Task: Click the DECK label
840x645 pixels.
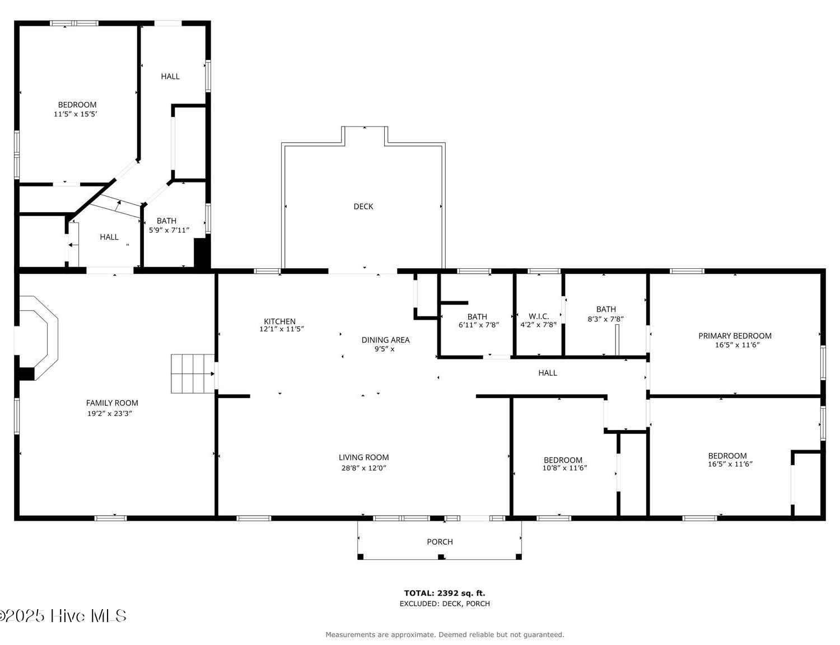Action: (x=363, y=207)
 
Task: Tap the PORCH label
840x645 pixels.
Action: (x=440, y=542)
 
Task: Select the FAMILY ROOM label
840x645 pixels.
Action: (x=112, y=403)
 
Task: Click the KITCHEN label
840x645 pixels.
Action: (x=279, y=321)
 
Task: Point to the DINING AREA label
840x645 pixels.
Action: (x=385, y=340)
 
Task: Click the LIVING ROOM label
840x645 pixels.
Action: (x=364, y=457)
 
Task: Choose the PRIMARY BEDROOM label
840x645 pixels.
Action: (x=735, y=336)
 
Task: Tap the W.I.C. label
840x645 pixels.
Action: (x=539, y=316)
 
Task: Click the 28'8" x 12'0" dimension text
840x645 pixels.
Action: (x=364, y=468)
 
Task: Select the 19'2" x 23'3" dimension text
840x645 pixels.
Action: (x=110, y=414)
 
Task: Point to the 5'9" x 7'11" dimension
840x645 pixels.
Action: (x=169, y=230)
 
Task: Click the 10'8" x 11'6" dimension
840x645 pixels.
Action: (x=565, y=468)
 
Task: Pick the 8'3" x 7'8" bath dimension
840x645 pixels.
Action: (x=606, y=319)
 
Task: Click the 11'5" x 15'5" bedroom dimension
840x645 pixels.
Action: (x=75, y=114)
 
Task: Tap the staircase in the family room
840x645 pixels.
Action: (x=193, y=373)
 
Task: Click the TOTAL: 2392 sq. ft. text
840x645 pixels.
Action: (x=445, y=593)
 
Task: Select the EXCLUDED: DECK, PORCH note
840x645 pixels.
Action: (x=445, y=604)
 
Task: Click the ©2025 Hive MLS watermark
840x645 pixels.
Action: (x=63, y=616)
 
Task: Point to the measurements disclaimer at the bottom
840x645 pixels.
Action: (x=445, y=634)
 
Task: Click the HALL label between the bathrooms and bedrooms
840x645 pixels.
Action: (x=547, y=373)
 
